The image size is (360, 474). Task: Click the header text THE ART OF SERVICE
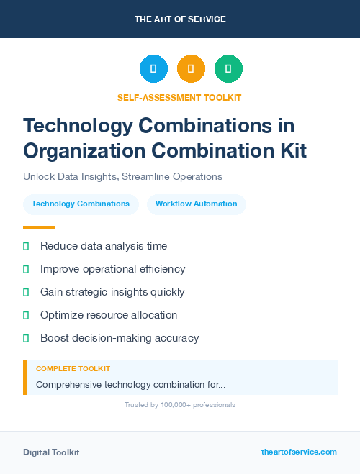point(180,19)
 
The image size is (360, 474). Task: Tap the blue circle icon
point(153,69)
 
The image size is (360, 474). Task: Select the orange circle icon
point(191,69)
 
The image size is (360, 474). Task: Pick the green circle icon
point(228,69)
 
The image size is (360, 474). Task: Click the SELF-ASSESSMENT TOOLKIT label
point(179,97)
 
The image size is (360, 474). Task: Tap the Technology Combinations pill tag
point(81,204)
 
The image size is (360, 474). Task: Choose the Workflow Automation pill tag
point(196,204)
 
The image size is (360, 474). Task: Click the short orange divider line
point(39,227)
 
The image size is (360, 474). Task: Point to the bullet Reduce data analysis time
point(104,246)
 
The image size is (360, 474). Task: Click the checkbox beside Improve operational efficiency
point(26,269)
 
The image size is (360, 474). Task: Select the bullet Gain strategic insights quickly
point(112,292)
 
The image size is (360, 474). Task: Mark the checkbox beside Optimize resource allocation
point(26,315)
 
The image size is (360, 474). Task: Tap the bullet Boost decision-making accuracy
point(120,338)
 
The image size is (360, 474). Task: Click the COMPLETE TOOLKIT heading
point(73,368)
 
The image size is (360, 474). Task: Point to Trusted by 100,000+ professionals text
point(180,405)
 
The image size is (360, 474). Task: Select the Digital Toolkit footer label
point(51,452)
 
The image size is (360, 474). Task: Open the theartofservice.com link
point(299,452)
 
